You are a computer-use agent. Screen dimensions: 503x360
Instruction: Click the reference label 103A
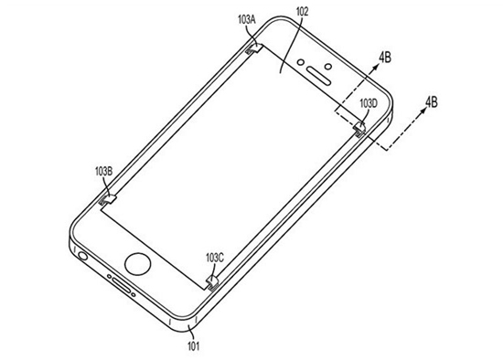[246, 20]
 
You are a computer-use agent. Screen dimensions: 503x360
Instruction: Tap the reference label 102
[302, 12]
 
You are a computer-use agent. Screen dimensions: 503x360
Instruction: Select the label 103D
[369, 103]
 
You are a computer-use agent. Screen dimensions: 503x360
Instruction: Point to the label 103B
[103, 172]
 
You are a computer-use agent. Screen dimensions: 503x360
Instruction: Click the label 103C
[215, 258]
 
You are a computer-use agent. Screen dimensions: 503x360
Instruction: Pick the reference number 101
[193, 346]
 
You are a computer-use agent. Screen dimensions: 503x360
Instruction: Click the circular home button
[137, 264]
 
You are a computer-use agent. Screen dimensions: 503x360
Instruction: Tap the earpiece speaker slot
[318, 76]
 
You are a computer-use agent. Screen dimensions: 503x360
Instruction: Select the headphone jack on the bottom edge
[82, 256]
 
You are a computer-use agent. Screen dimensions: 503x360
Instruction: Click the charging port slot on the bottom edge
[122, 285]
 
